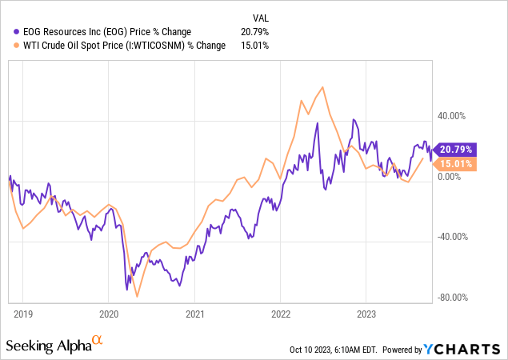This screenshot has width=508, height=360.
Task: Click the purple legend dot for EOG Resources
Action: (x=8, y=30)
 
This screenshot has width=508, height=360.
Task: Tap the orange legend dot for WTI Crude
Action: (x=8, y=45)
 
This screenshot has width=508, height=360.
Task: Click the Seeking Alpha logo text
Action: (x=50, y=346)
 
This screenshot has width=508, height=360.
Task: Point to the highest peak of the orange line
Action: (x=322, y=87)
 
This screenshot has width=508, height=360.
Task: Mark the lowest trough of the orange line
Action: (x=137, y=297)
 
